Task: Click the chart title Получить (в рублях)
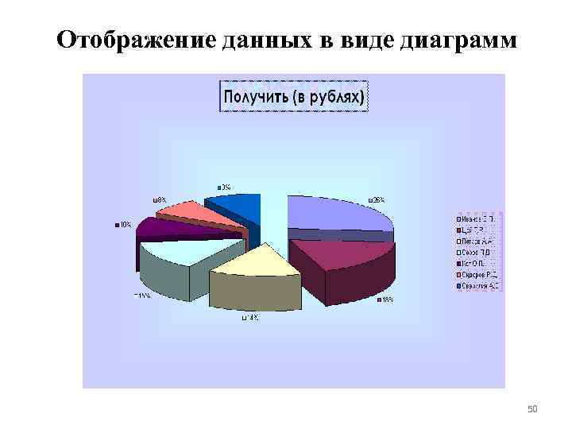pyautogui.click(x=293, y=98)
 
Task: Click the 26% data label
pyautogui.click(x=376, y=199)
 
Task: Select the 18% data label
pyautogui.click(x=385, y=300)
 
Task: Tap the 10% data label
pyautogui.click(x=124, y=224)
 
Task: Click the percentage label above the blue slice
pyautogui.click(x=224, y=187)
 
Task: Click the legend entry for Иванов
pyautogui.click(x=474, y=217)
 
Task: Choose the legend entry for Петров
pyautogui.click(x=474, y=238)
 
